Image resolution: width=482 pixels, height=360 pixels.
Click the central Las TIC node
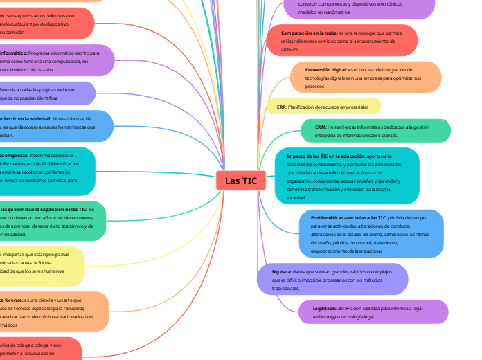tap(240, 181)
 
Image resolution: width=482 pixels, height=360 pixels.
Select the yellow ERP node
tap(323, 107)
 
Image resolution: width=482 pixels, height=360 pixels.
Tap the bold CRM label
tap(320, 127)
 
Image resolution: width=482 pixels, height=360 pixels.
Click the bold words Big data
tap(282, 272)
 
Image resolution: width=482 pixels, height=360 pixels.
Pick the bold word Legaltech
tap(325, 307)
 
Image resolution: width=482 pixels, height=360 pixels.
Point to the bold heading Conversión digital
tap(326, 70)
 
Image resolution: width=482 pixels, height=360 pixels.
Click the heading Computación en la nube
tap(309, 33)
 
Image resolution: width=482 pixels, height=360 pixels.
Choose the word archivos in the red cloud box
tap(289, 50)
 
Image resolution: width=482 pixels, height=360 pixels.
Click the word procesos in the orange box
tap(314, 87)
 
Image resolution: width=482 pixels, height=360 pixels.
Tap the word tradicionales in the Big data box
tap(285, 288)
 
